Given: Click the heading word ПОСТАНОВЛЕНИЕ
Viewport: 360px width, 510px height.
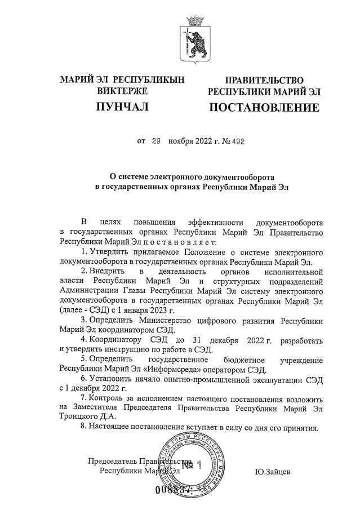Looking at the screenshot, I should pyautogui.click(x=264, y=107).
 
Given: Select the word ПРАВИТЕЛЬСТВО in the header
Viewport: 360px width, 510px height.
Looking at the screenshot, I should pyautogui.click(x=264, y=81).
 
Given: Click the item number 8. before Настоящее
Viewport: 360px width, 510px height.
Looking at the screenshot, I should pyautogui.click(x=85, y=427).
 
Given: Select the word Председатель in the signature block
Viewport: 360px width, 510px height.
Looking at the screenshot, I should pyautogui.click(x=113, y=462).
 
